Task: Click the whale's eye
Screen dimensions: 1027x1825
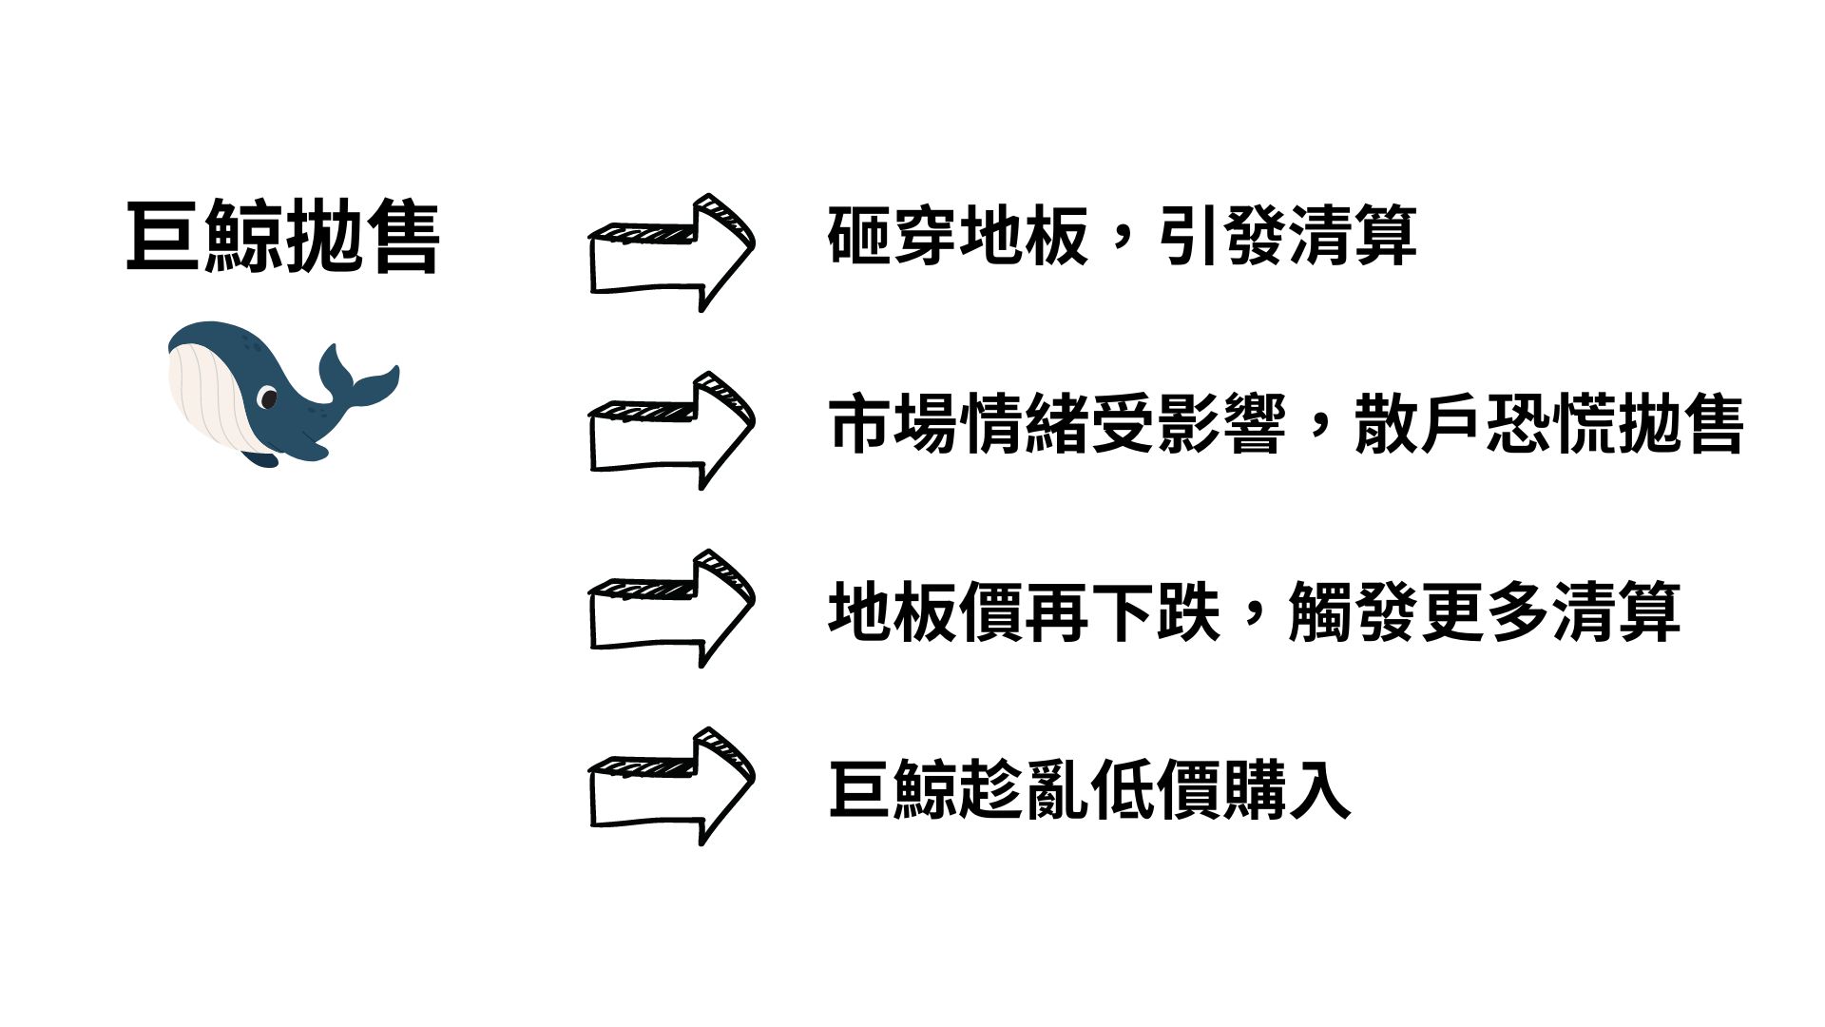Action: tap(269, 397)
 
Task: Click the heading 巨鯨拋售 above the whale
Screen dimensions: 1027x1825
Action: tap(282, 237)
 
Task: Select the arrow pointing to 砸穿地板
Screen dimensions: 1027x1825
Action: tap(671, 253)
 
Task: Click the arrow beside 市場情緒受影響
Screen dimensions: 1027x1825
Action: tap(671, 431)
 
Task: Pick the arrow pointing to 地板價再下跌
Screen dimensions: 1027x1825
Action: tap(671, 609)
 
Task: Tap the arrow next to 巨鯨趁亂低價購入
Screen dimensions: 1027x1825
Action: tap(671, 786)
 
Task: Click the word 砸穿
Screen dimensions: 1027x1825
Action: tap(893, 236)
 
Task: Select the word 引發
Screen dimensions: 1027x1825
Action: tap(1222, 236)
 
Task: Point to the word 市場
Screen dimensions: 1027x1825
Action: tap(893, 424)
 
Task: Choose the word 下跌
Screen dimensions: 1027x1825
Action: tap(1156, 611)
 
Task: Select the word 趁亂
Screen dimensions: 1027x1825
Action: tap(1024, 789)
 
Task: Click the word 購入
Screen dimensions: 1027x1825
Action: tap(1287, 789)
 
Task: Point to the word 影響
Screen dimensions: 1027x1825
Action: tap(1221, 424)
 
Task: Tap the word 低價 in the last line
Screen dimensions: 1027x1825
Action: tap(1156, 789)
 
